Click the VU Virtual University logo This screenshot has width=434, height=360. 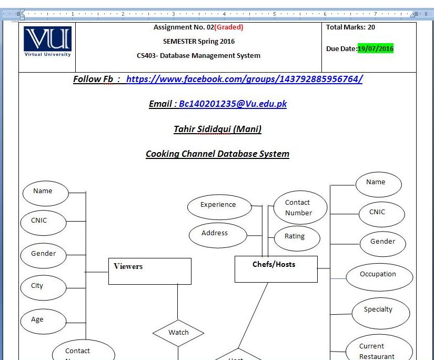click(47, 42)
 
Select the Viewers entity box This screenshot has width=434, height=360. click(149, 271)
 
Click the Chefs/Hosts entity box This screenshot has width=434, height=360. click(276, 268)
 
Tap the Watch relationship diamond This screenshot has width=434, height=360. click(178, 333)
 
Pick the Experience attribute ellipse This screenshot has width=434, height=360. click(218, 205)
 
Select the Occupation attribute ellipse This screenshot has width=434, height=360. click(378, 275)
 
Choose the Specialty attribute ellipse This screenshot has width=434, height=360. click(378, 310)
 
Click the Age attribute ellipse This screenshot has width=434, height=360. click(43, 320)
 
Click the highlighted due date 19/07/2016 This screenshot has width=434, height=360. click(376, 49)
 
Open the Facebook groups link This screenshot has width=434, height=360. click(244, 79)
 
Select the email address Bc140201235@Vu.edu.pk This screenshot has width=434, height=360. click(233, 104)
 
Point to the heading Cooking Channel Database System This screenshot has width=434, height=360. click(217, 154)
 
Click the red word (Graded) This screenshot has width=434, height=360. click(229, 27)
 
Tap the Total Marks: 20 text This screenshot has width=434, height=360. click(350, 27)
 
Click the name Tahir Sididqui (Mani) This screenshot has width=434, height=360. click(217, 129)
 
